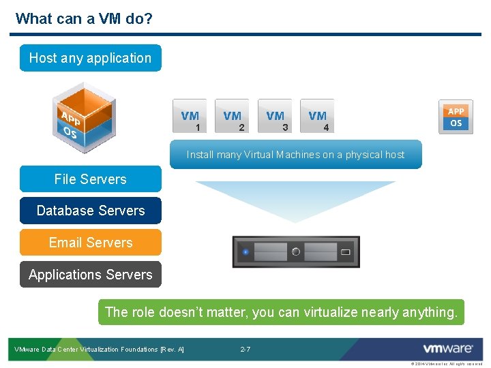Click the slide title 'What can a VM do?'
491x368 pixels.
(84, 18)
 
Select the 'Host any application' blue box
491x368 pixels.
(90, 58)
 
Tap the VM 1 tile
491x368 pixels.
(190, 117)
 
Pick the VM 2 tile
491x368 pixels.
(233, 117)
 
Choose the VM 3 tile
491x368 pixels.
(276, 117)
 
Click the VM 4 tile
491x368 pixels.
(318, 117)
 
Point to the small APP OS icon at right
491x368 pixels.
(456, 117)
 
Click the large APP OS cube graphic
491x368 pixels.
(83, 118)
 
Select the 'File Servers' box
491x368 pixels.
(90, 179)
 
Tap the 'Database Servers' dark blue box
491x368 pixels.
(90, 211)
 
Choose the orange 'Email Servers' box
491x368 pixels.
(90, 243)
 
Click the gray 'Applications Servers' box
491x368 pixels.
(90, 275)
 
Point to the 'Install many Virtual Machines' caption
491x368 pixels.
(295, 155)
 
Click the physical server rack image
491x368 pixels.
(295, 252)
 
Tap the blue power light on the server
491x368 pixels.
(245, 253)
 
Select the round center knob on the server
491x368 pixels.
(295, 252)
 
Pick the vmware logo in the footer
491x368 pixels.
(447, 349)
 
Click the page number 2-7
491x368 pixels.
(245, 350)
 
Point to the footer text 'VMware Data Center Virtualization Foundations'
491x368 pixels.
(99, 350)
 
